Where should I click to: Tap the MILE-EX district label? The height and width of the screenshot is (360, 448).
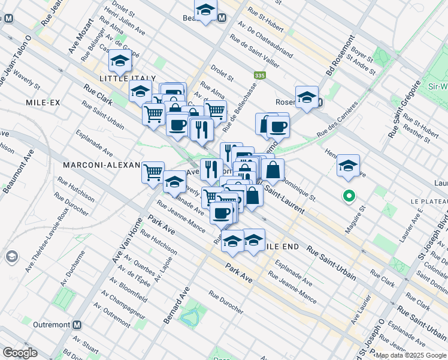[x=43, y=103]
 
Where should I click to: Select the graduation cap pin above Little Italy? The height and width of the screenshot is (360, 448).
[x=120, y=61]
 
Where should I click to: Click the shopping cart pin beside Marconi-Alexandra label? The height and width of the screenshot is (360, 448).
[x=153, y=173]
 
